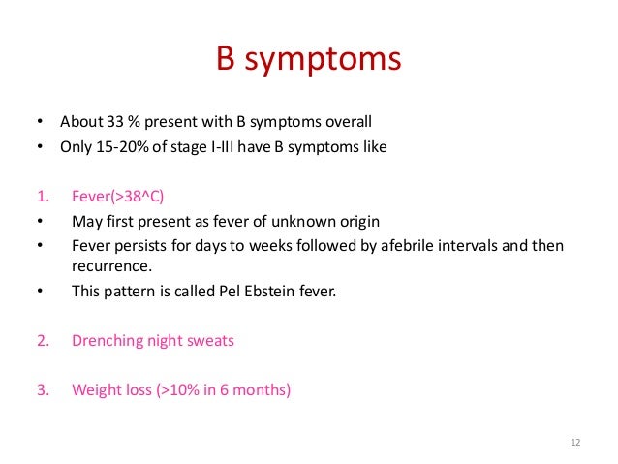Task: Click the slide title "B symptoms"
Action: (308, 60)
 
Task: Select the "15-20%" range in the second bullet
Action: (121, 147)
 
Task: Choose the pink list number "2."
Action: (43, 341)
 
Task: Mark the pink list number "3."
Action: (43, 390)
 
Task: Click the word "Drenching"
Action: (108, 341)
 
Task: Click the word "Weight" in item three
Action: (96, 390)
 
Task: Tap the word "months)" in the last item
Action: (261, 390)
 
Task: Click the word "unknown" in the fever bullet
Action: (307, 221)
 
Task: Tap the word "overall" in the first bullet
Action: (347, 123)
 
